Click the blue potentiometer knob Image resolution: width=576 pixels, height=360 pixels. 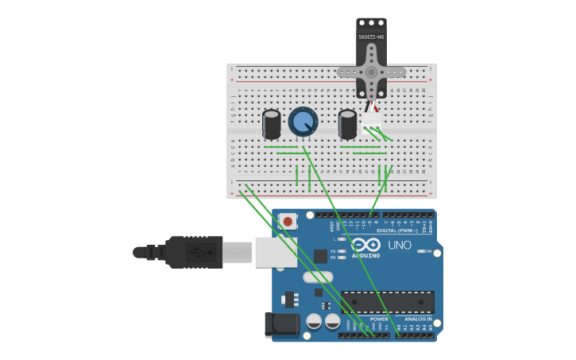pos(303,122)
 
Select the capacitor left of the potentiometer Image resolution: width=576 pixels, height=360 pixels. pos(271,124)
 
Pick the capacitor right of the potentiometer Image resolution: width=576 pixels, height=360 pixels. pos(347,124)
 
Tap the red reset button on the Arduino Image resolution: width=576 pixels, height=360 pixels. pos(288,221)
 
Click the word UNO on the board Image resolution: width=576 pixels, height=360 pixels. pos(400,245)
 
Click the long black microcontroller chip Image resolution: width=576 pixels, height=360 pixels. pos(388,302)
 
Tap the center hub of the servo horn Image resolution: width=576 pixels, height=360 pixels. pos(371,72)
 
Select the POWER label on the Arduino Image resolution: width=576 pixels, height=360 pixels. pos(379,319)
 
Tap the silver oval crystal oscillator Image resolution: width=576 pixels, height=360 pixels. pos(318,277)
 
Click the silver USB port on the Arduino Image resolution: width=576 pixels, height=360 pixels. pos(276,252)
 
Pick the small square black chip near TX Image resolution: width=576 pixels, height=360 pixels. pos(320,256)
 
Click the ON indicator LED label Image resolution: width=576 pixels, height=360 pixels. pos(428,251)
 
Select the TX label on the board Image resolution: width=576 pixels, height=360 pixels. pos(334,251)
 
